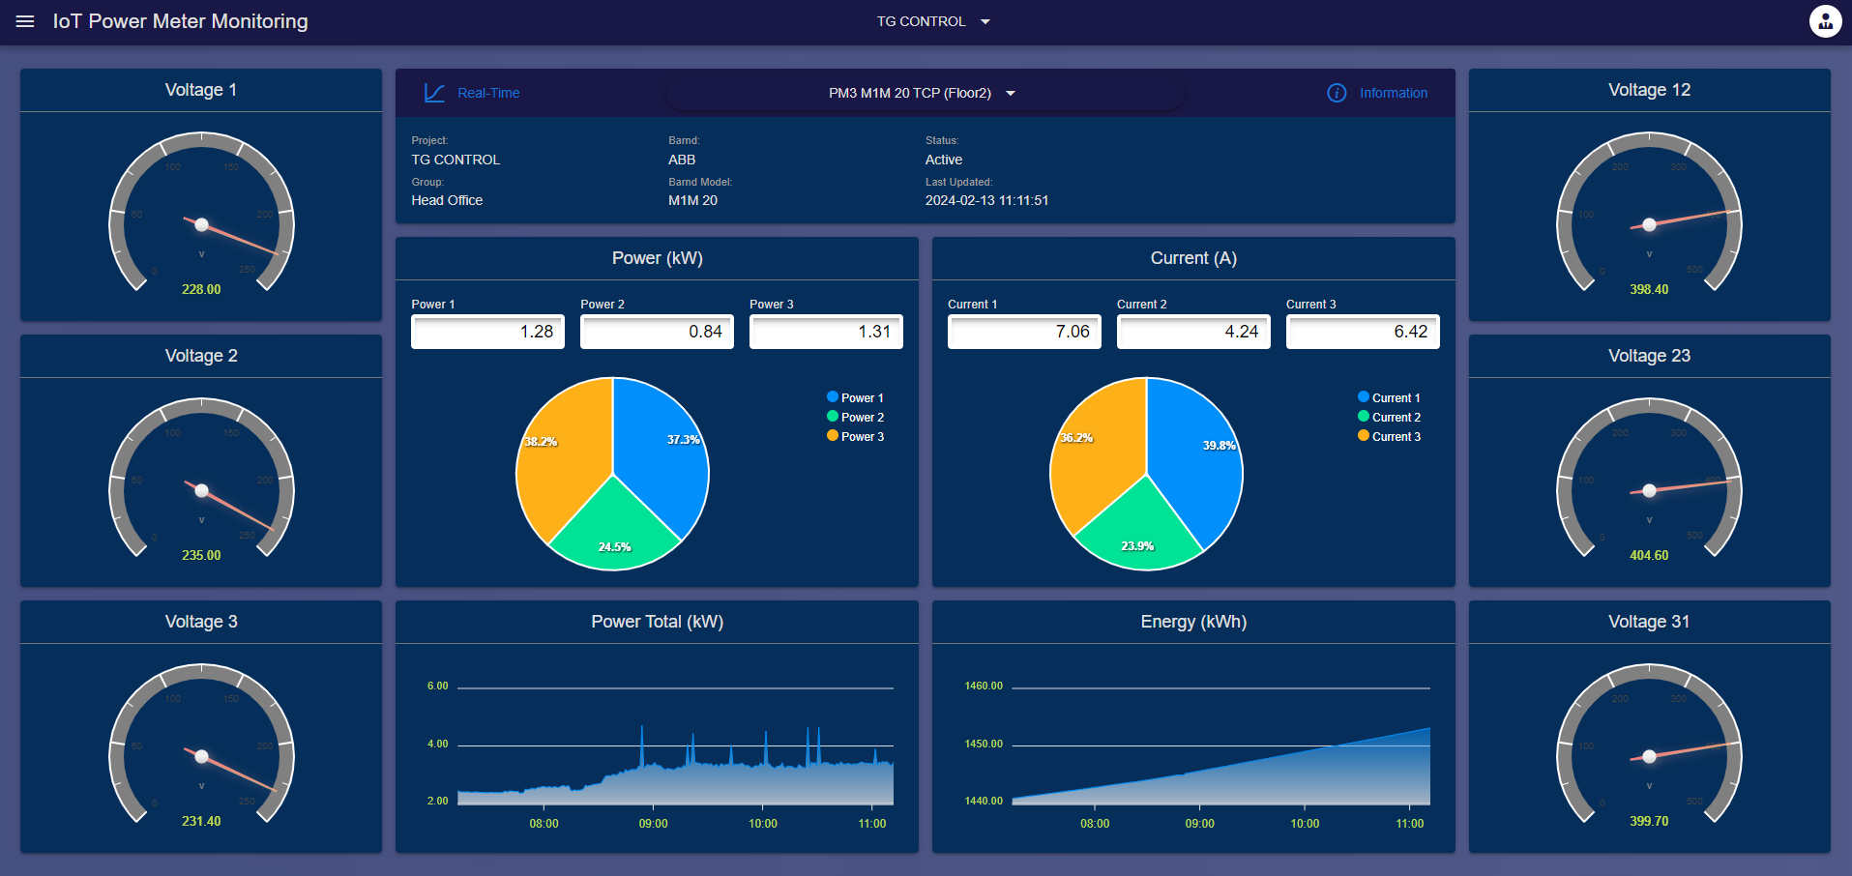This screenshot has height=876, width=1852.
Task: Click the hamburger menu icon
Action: pos(25,21)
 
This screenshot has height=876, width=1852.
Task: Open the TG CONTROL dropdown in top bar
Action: pos(932,21)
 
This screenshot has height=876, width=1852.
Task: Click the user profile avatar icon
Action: pos(1825,21)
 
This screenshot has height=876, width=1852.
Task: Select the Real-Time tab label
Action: pos(487,93)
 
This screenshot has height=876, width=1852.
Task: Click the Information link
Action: pos(1393,93)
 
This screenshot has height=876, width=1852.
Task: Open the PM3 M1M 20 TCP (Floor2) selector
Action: pos(922,93)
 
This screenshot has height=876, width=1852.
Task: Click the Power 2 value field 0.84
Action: pos(657,332)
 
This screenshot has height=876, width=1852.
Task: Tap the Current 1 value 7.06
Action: pos(1024,332)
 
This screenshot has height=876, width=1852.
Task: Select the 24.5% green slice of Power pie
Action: pos(614,527)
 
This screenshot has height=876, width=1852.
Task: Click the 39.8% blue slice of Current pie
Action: pos(1199,464)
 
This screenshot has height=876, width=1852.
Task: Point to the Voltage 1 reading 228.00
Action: pos(201,289)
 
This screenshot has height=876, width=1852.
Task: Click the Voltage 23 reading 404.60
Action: pos(1649,555)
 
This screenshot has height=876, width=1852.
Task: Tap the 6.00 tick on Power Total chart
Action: pos(437,686)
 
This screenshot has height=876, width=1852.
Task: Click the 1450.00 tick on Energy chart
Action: pos(984,744)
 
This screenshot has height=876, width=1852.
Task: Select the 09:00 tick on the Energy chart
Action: pos(1199,824)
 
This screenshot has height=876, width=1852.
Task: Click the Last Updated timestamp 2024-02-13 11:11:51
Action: pos(986,200)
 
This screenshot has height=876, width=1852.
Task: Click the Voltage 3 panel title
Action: pos(201,622)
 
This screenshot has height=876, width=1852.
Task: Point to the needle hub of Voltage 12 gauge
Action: pos(1649,224)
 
